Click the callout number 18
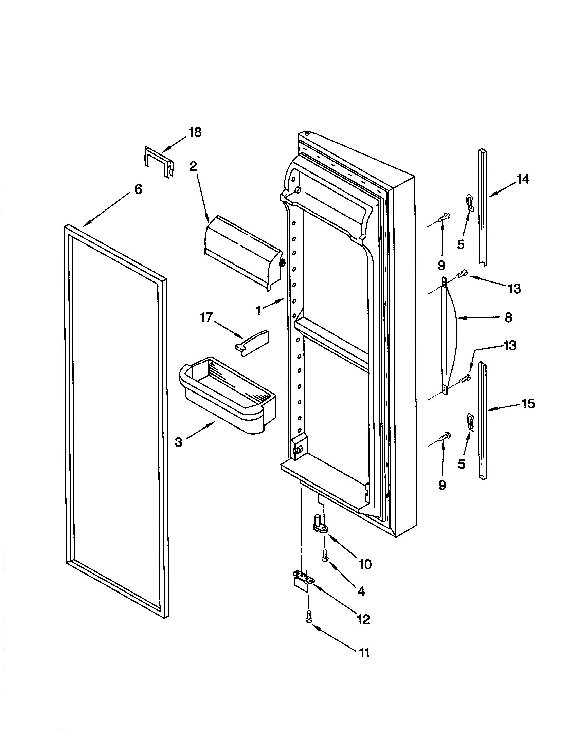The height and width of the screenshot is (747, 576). coord(195,133)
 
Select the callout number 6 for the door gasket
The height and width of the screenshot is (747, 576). coord(138,189)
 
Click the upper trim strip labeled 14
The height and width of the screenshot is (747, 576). coord(483,207)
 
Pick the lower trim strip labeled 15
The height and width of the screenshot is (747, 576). coord(483,421)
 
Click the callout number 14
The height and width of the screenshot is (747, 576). coord(522,179)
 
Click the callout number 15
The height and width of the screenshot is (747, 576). coord(528,404)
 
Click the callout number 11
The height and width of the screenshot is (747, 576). coord(364,653)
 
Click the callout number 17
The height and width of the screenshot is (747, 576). coord(206,318)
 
